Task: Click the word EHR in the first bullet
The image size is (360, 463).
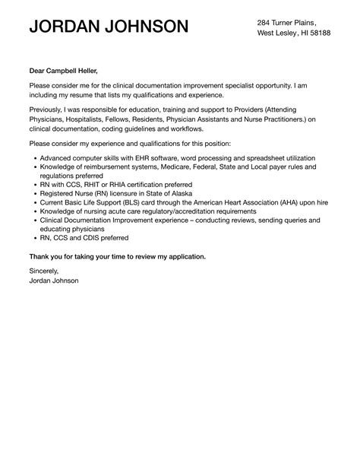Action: pos(141,157)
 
